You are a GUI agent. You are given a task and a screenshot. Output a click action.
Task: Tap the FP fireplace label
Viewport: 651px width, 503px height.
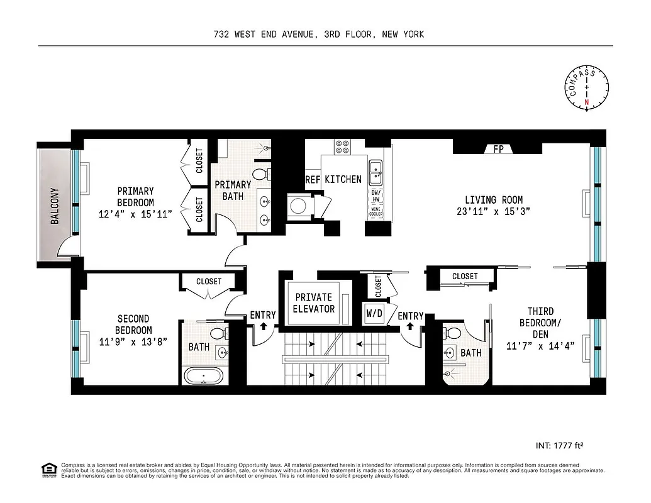[498, 150]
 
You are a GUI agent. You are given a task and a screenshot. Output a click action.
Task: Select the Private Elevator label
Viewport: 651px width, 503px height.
[314, 303]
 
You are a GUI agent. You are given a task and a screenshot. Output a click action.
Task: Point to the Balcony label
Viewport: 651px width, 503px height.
[55, 206]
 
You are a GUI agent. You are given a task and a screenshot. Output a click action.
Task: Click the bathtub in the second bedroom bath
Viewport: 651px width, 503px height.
[203, 376]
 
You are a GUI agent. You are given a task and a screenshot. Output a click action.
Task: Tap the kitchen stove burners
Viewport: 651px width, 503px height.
[343, 147]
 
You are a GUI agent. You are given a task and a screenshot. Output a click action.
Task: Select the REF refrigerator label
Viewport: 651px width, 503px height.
[313, 179]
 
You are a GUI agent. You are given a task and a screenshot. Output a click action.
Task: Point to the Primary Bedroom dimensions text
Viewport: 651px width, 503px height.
[135, 214]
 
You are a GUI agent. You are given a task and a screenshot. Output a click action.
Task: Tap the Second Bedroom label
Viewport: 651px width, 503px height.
[133, 324]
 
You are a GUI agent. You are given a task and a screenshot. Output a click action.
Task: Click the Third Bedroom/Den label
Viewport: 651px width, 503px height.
[540, 321]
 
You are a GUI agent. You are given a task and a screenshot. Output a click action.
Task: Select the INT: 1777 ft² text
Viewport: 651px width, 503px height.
[559, 446]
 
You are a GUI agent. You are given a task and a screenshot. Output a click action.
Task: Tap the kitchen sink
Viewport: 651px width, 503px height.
[376, 168]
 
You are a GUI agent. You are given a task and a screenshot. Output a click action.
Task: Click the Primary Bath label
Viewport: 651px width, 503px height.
[233, 191]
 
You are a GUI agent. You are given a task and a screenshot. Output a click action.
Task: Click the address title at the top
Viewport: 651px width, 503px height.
[318, 34]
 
